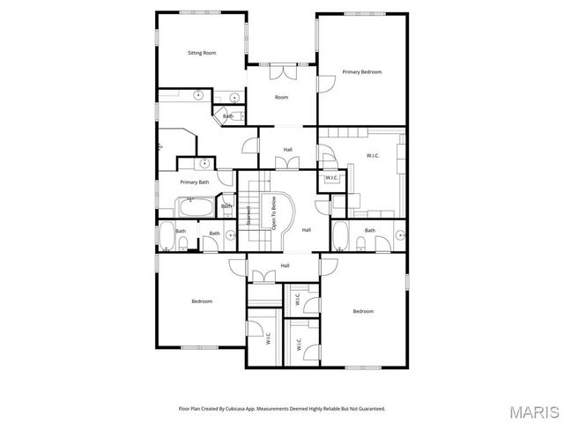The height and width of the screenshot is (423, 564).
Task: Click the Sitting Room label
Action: (x=202, y=53)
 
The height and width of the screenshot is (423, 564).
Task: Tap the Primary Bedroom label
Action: (x=362, y=71)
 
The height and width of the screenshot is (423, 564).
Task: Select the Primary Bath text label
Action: (x=195, y=182)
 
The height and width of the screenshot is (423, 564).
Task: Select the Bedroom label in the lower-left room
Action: (x=202, y=301)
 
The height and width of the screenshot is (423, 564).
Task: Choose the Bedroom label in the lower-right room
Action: (x=363, y=311)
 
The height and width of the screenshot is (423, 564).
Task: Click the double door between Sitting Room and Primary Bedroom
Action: (x=282, y=72)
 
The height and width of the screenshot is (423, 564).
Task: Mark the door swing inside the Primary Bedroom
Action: (x=326, y=82)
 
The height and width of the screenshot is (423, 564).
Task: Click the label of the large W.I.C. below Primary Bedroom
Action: (x=373, y=155)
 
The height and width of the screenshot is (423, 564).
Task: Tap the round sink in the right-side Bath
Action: (x=398, y=235)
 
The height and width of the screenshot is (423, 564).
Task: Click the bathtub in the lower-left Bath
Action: (x=167, y=236)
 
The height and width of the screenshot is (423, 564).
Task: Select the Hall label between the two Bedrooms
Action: (x=286, y=265)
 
